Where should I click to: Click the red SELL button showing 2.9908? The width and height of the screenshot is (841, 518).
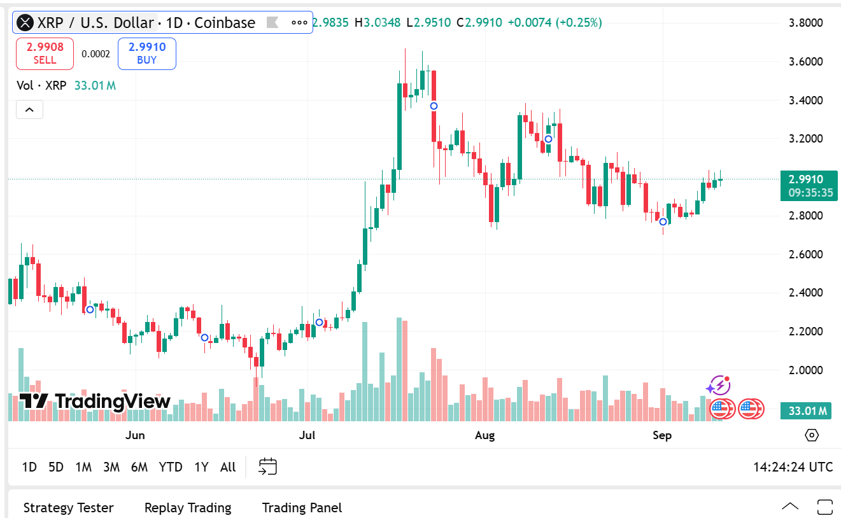pos(45,53)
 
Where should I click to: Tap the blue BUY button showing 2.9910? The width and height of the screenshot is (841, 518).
pos(146,53)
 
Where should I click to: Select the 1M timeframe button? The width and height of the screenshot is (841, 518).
pos(83,467)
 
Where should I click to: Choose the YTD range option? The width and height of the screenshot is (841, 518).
pos(171,467)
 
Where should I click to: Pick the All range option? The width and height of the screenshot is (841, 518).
pos(228,467)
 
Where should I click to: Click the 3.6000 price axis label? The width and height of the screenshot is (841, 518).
pos(805,62)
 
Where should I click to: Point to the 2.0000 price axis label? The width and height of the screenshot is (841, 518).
pos(805,370)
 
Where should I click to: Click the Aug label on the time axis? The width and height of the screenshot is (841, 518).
pos(485,435)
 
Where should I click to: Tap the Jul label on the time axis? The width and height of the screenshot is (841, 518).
pos(307,435)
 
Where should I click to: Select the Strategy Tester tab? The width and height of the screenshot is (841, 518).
pos(68,508)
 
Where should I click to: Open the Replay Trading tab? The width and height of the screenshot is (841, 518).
pos(188,508)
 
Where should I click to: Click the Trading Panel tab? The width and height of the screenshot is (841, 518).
pos(302,508)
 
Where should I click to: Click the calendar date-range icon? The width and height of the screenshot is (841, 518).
pos(267,466)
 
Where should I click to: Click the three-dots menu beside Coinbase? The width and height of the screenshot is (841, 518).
pos(299,23)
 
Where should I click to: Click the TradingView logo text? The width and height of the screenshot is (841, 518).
pos(95,402)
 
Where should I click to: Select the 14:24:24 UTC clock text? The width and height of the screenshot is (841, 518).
pos(793,467)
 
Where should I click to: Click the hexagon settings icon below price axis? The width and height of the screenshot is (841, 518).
pos(812,435)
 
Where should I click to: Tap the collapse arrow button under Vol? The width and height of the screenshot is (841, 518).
pos(29,109)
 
